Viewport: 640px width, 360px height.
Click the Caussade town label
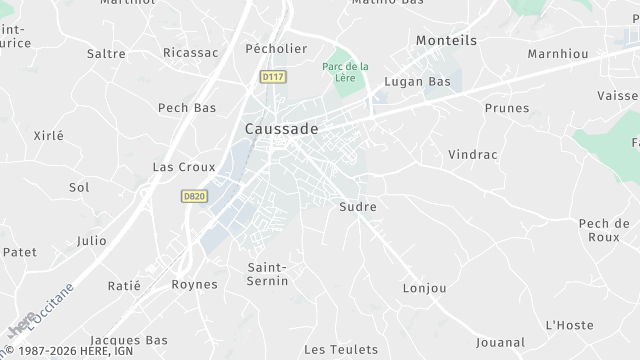point(282,129)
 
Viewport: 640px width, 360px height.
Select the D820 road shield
point(194,197)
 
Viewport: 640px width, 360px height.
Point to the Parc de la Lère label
point(345,72)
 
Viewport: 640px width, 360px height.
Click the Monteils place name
point(446,40)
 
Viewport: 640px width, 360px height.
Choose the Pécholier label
point(275,47)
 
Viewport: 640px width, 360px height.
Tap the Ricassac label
point(190,52)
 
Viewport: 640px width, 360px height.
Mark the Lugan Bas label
point(418,81)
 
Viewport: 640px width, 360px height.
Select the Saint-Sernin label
point(268,274)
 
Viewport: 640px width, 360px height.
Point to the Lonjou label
point(423,287)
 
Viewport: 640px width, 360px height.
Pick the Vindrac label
point(472,155)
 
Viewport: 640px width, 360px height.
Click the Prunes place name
point(505,108)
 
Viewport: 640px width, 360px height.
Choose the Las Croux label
point(177,167)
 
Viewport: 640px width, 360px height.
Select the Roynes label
point(194,284)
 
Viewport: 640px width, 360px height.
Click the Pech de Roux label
point(604,230)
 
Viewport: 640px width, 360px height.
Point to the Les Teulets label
point(341,349)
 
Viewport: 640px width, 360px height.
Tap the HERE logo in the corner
point(20,327)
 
